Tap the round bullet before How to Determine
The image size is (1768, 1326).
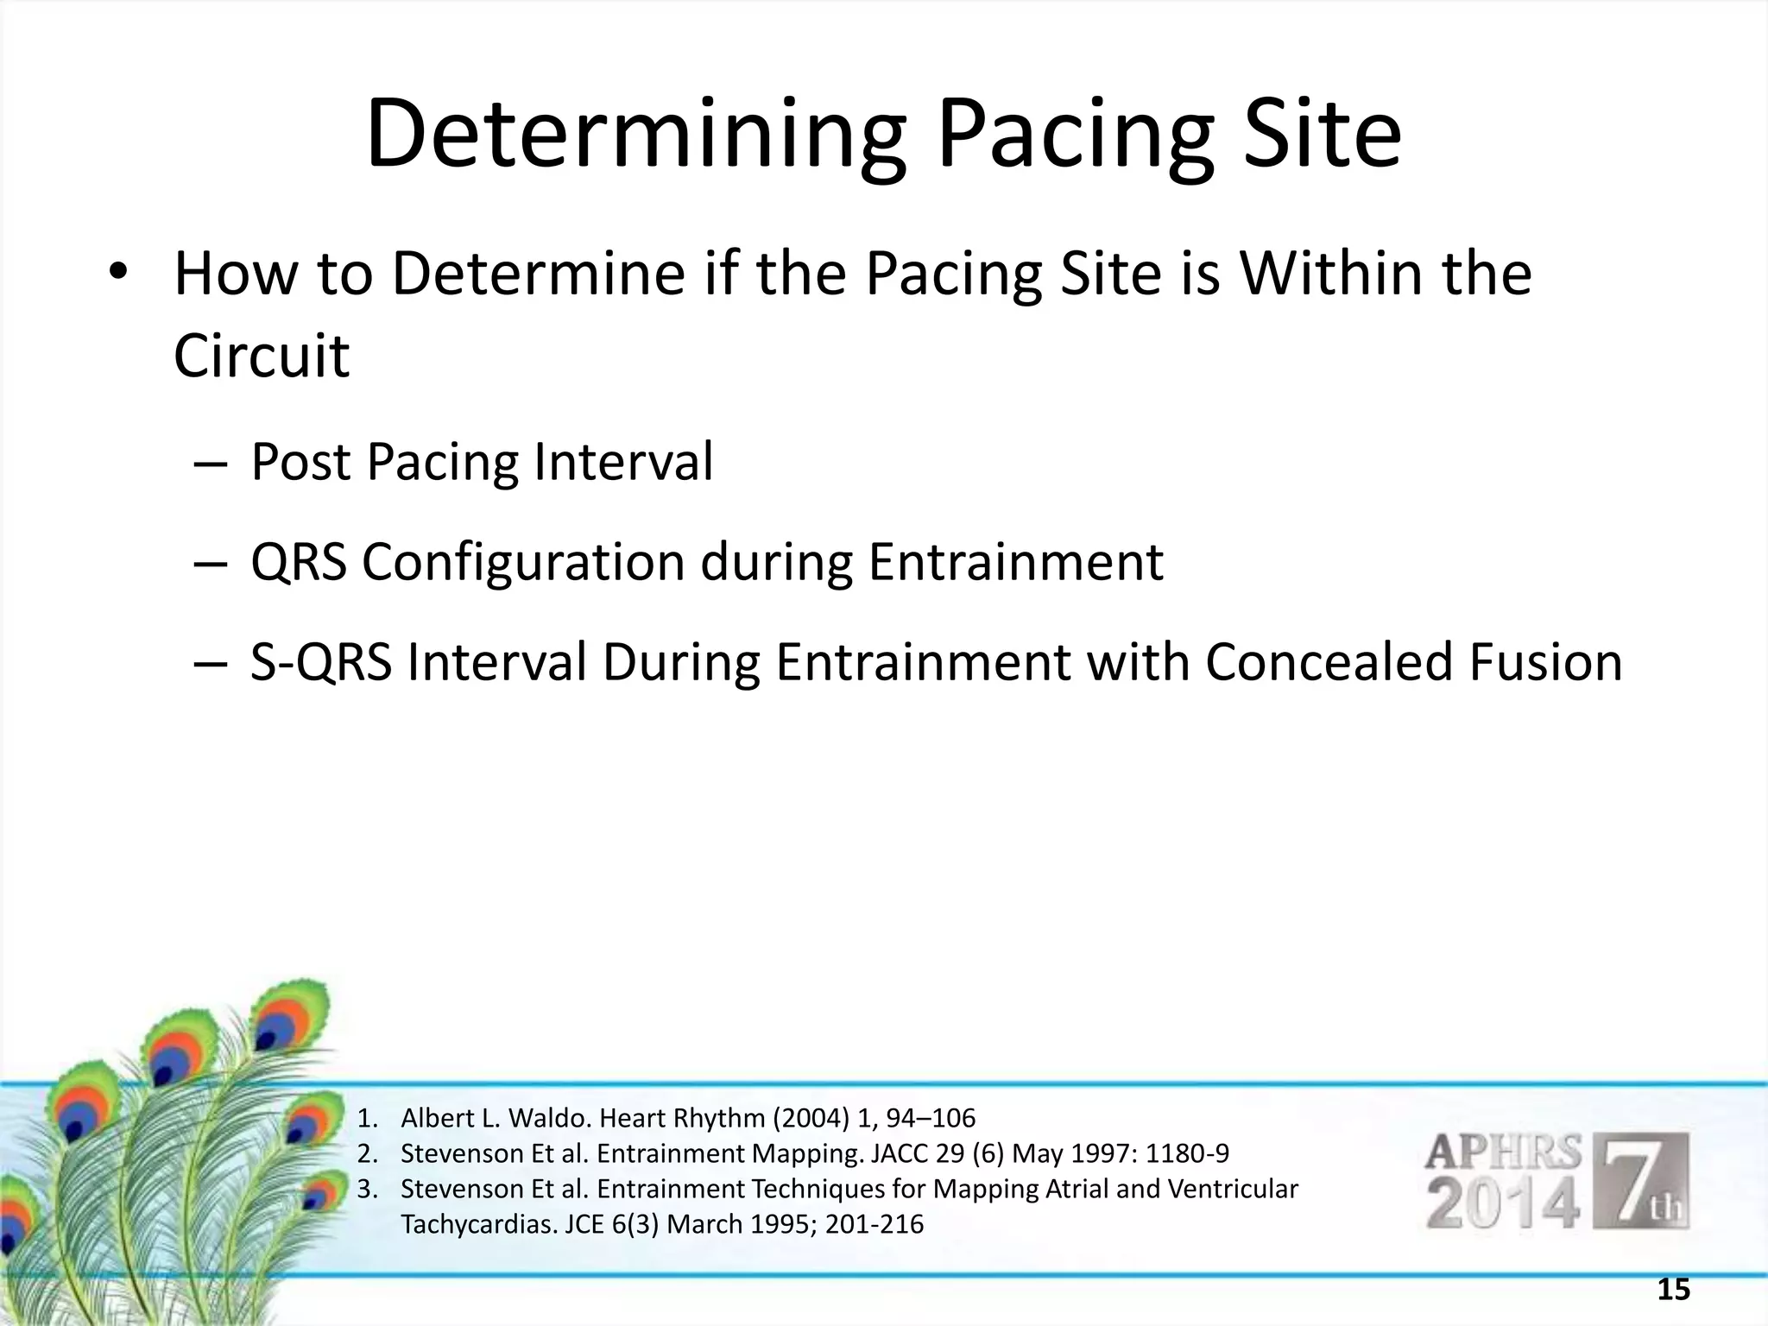[118, 274]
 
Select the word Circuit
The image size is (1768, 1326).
[262, 355]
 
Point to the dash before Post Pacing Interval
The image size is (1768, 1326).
[211, 464]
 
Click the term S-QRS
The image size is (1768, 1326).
[321, 663]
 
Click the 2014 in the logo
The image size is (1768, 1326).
[1503, 1205]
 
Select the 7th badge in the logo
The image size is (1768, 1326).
[1640, 1181]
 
